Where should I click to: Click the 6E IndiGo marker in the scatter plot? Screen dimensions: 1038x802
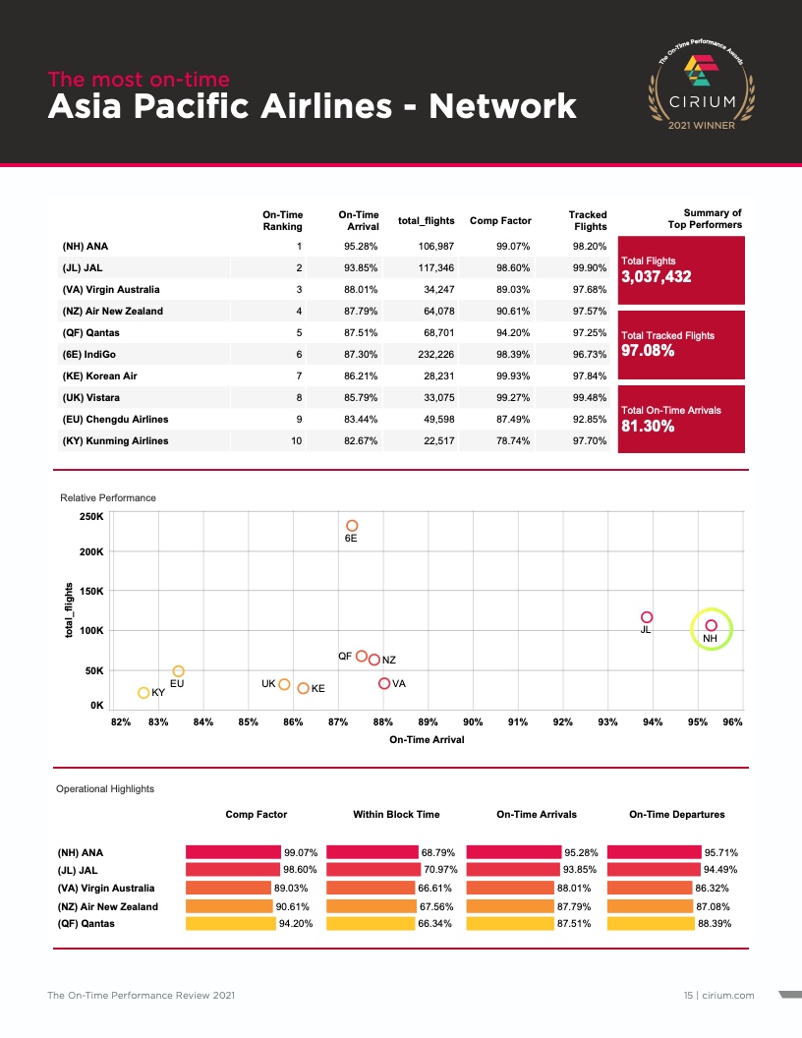point(352,526)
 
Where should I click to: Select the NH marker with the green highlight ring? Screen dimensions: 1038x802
point(712,626)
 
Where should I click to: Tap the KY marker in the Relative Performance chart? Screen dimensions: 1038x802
point(143,693)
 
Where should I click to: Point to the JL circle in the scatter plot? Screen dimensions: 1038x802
point(647,617)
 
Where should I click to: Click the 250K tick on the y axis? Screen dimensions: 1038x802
point(91,517)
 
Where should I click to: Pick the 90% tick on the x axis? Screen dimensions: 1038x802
point(473,722)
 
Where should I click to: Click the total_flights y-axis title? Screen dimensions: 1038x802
point(70,610)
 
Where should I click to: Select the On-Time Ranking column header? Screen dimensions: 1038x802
point(282,220)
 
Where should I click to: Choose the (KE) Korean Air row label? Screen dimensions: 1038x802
point(98,376)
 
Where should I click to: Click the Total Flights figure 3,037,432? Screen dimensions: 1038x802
point(657,277)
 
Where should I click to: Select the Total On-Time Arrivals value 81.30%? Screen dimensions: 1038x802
point(648,427)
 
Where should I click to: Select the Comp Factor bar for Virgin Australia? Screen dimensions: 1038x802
point(230,888)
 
